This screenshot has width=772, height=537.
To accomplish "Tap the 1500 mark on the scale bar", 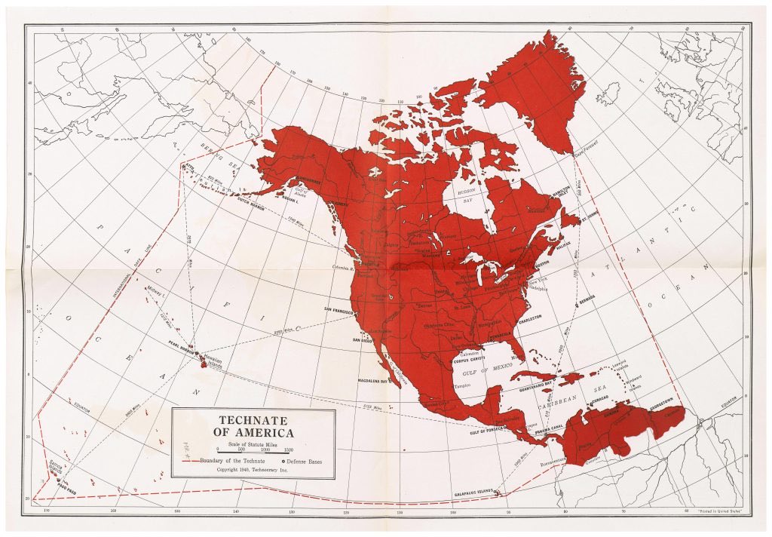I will pos(288,450).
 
